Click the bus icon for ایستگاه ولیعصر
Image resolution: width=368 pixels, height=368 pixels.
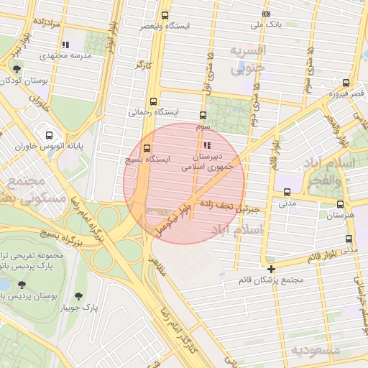tap(165, 14)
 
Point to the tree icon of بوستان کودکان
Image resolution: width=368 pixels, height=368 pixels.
tap(17, 69)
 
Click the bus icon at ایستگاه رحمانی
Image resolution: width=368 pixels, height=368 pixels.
tap(153, 102)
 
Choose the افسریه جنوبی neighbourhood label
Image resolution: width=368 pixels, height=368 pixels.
tap(249, 59)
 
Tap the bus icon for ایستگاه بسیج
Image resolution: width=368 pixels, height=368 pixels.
tap(147, 147)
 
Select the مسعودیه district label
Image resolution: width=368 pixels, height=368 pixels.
tap(316, 350)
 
